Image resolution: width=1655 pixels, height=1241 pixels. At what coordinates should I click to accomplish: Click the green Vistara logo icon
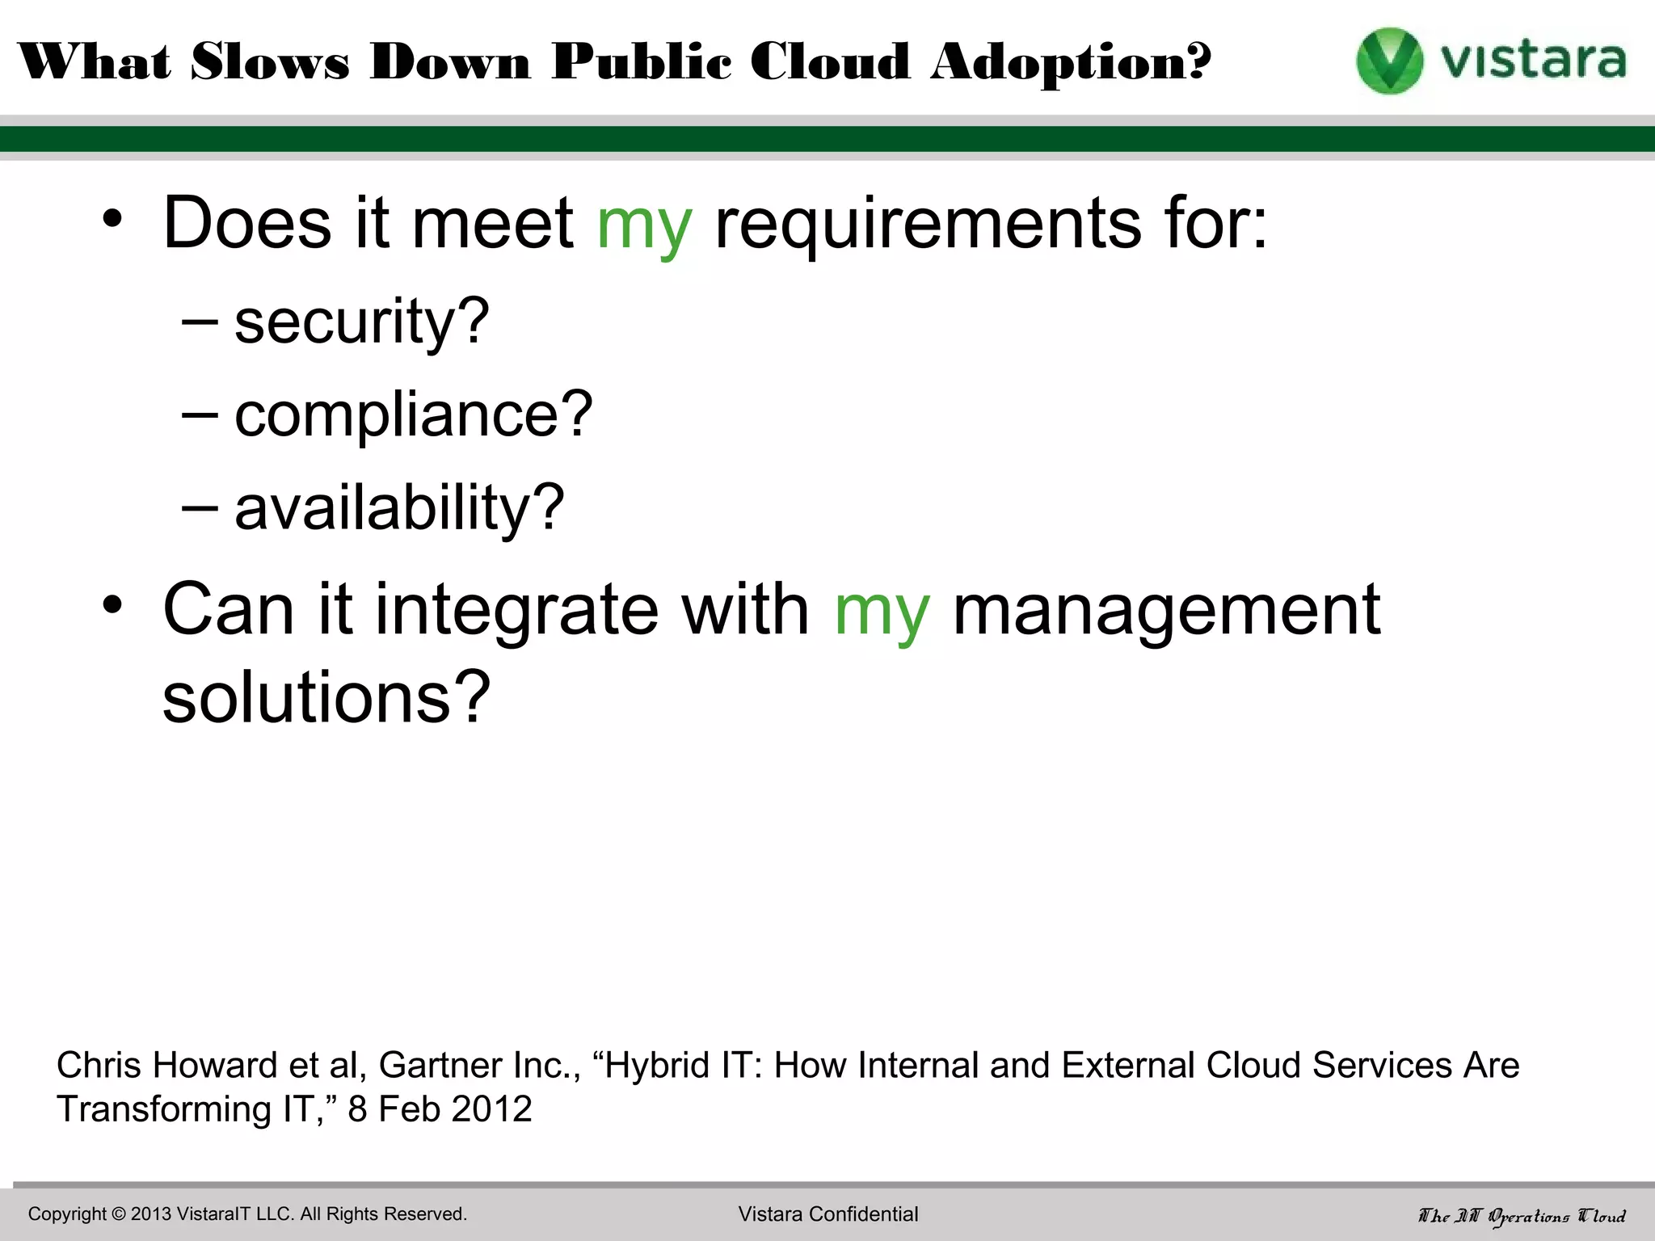point(1389,61)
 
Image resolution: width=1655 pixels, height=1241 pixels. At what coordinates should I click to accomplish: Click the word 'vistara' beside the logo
point(1533,61)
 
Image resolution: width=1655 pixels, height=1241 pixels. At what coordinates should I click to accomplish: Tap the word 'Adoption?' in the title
point(1071,62)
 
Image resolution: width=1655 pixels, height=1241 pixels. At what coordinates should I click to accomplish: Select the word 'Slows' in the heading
point(270,62)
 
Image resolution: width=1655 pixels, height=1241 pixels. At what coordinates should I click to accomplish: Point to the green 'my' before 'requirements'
point(644,225)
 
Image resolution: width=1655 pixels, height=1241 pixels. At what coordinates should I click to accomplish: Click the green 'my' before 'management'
point(882,611)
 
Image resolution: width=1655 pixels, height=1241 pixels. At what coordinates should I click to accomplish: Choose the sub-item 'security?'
point(361,322)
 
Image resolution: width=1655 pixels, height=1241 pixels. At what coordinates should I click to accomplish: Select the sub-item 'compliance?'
point(413,414)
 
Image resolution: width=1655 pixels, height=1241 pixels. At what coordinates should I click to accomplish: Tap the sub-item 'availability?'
point(399,508)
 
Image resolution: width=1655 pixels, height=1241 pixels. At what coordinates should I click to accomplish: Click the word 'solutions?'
point(326,696)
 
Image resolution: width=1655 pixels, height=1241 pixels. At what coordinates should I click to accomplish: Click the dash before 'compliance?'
point(200,414)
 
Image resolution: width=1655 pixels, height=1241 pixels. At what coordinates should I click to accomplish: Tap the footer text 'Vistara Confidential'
point(828,1214)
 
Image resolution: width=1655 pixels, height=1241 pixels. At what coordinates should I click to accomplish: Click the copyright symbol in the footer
point(118,1214)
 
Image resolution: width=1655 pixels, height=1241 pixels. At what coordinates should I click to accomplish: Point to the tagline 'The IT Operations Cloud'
point(1522,1216)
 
